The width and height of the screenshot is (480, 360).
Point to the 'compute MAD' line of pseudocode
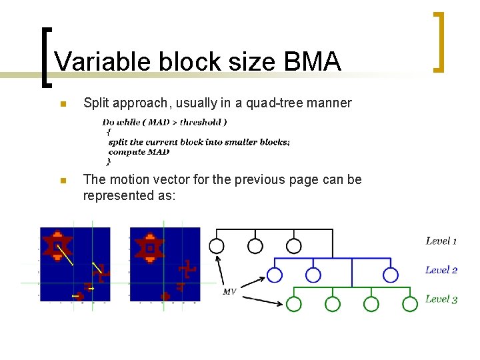tap(139, 152)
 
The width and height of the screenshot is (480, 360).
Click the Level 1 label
tap(441, 241)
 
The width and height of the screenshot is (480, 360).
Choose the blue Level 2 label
tap(441, 270)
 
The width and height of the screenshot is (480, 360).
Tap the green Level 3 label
tap(441, 299)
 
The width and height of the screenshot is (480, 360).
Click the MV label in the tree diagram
tap(229, 291)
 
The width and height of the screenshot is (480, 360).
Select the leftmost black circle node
tap(217, 246)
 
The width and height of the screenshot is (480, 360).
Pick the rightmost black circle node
tap(294, 246)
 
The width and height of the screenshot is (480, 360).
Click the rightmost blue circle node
tap(391, 275)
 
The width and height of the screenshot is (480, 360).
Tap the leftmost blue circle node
tap(274, 275)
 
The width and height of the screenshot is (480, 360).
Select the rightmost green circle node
tap(410, 304)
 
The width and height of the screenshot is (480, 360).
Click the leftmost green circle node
tap(294, 304)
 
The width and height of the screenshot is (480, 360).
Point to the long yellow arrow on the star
tap(65, 255)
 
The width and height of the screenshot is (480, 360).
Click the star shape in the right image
tap(150, 247)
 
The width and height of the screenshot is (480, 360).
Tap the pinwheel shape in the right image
tap(186, 270)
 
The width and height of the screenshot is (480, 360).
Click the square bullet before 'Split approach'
tap(61, 104)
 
